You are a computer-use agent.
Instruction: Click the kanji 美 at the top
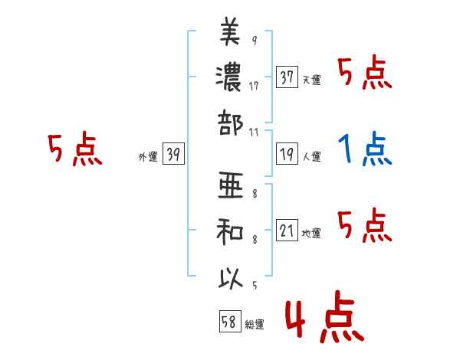click(x=230, y=31)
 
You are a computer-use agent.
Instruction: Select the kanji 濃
click(x=228, y=78)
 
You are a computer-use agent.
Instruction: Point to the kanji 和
click(x=230, y=232)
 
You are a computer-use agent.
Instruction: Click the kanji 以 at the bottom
click(x=231, y=278)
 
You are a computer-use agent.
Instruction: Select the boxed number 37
click(x=287, y=77)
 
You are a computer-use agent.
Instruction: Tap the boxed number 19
click(x=287, y=153)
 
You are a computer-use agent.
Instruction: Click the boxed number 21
click(x=287, y=230)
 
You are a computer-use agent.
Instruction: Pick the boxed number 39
click(x=173, y=153)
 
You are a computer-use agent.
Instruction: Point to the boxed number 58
click(x=230, y=321)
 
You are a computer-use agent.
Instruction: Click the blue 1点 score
click(x=365, y=149)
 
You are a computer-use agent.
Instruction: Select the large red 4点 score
click(x=324, y=316)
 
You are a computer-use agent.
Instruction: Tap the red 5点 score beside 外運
click(x=75, y=149)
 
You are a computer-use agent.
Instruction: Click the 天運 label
click(x=312, y=80)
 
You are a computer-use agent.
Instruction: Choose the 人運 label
click(x=312, y=156)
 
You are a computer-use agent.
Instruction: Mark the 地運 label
click(x=311, y=234)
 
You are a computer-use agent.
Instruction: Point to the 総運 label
click(x=255, y=324)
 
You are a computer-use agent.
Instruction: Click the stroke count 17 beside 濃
click(x=254, y=86)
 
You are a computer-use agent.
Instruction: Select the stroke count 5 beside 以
click(x=255, y=285)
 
